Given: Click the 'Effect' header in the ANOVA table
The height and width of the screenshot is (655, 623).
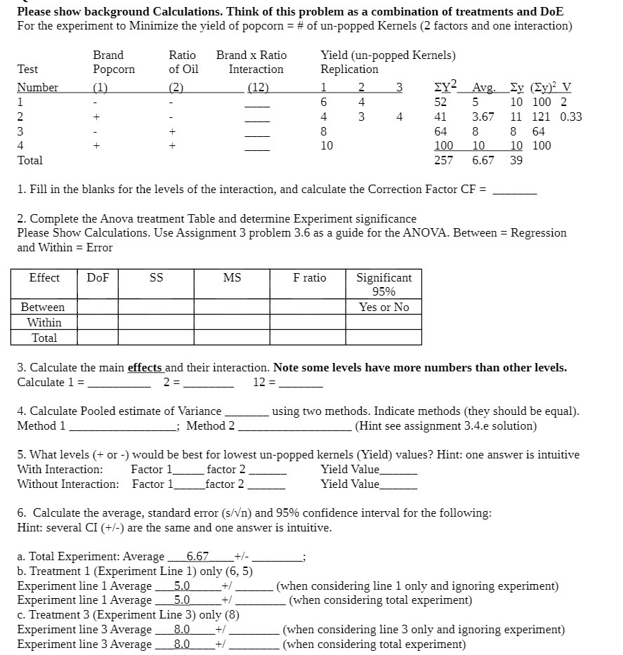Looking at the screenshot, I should (44, 278).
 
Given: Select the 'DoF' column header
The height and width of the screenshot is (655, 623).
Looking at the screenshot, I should (98, 278).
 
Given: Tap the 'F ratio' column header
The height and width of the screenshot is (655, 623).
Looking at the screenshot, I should (309, 278).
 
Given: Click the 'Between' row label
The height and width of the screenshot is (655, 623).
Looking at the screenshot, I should (43, 307).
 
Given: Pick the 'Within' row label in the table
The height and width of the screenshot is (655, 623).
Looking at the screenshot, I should (44, 323).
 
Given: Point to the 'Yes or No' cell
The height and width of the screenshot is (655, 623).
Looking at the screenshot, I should (383, 307).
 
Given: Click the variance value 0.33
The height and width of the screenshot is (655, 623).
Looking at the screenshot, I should (570, 117).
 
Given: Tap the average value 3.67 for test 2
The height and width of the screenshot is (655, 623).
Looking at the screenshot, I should (483, 117).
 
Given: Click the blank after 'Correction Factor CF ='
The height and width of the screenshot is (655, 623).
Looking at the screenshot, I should (514, 190).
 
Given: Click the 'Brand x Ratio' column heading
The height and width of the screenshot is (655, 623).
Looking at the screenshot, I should (251, 55).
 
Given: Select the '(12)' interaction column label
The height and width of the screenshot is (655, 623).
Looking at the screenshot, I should (258, 88).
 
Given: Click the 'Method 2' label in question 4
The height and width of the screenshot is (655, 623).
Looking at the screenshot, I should (211, 425).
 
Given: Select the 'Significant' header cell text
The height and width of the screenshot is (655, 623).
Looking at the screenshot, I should (383, 278).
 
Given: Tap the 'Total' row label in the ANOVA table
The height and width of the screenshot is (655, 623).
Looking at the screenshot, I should (44, 338).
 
